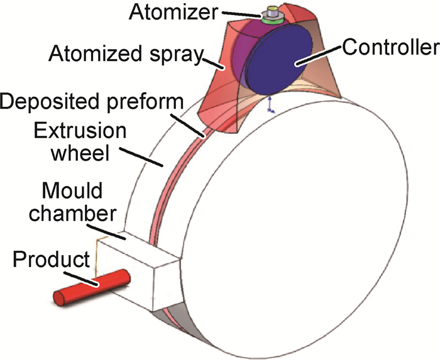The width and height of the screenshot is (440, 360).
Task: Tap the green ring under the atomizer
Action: (x=272, y=19)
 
